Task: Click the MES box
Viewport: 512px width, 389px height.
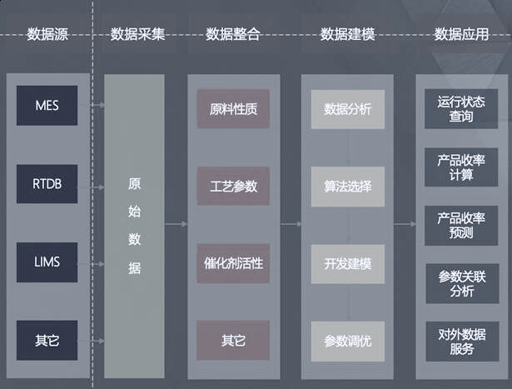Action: click(x=47, y=106)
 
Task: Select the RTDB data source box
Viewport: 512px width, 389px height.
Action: click(x=47, y=184)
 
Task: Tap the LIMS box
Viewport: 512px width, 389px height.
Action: click(x=47, y=262)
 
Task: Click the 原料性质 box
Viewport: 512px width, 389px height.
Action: click(x=233, y=109)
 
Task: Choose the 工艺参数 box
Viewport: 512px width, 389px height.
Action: click(x=233, y=186)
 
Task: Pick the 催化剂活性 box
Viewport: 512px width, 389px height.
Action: click(x=233, y=263)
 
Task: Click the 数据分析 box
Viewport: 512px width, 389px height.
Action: click(x=348, y=109)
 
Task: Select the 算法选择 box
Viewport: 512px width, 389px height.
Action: click(x=348, y=187)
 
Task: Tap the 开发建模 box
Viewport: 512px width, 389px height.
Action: click(x=348, y=264)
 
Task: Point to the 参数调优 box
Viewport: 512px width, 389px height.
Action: click(x=348, y=342)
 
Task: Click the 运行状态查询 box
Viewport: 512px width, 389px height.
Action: click(x=461, y=109)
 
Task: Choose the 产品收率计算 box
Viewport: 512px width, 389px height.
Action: click(x=461, y=167)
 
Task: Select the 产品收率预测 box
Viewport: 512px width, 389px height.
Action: click(x=461, y=226)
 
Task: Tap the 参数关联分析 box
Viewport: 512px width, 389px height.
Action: click(x=462, y=283)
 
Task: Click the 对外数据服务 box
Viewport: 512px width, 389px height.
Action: click(x=462, y=342)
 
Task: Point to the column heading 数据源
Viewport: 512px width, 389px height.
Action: click(x=47, y=34)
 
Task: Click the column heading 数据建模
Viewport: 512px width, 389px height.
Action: click(x=347, y=34)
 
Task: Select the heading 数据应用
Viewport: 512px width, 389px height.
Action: click(x=461, y=34)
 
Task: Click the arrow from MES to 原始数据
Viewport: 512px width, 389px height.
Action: click(x=92, y=104)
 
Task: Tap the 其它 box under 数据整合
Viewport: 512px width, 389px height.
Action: click(x=233, y=341)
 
